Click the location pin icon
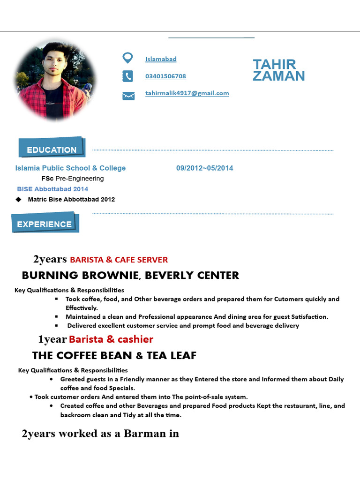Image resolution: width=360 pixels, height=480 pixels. click(x=127, y=58)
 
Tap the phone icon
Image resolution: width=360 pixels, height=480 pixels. click(x=127, y=76)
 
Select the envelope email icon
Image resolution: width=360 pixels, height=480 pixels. click(x=128, y=96)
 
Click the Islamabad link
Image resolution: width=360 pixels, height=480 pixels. click(x=161, y=59)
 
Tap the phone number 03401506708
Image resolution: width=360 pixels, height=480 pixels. click(x=165, y=76)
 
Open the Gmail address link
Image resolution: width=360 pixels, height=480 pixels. click(x=187, y=93)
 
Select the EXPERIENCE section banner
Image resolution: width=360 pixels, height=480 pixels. click(x=45, y=224)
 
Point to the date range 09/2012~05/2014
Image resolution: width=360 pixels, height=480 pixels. click(x=204, y=168)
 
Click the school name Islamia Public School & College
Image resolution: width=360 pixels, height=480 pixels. click(x=70, y=168)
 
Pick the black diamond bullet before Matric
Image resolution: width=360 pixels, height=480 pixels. click(x=19, y=199)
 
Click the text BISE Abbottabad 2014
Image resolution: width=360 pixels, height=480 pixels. click(x=52, y=189)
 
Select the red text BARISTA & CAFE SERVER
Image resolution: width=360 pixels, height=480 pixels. click(x=119, y=260)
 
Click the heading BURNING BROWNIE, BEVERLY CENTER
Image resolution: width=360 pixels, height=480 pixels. click(x=130, y=276)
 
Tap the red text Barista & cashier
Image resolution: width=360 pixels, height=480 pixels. click(x=111, y=339)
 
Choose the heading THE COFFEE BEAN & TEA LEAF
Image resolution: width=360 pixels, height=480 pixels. click(x=114, y=356)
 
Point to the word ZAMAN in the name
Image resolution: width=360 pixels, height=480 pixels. click(x=278, y=76)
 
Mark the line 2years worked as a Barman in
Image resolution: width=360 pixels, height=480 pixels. click(x=100, y=434)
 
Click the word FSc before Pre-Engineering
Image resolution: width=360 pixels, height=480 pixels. click(x=47, y=179)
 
